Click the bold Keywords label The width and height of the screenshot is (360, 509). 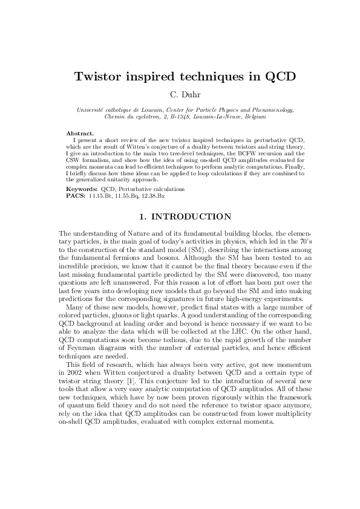[x=82, y=189]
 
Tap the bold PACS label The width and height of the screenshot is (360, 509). [x=76, y=195]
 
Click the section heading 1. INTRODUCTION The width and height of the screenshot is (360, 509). [x=180, y=216]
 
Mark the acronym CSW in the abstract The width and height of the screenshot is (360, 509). [x=75, y=160]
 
